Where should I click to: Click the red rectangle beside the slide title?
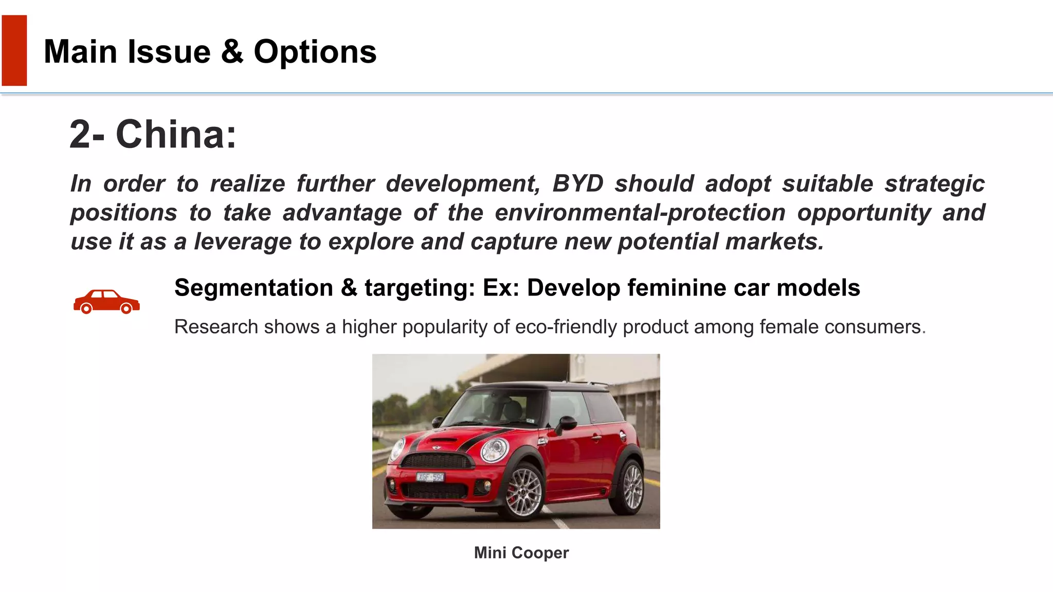[x=14, y=50]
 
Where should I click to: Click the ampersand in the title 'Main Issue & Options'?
[x=232, y=52]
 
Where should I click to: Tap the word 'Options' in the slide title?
[x=315, y=52]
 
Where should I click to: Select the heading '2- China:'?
[x=153, y=134]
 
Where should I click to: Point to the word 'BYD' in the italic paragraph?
[x=577, y=183]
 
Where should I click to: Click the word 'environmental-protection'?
[x=640, y=213]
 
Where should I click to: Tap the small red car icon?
[x=106, y=302]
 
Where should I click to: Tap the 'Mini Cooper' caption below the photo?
[x=521, y=552]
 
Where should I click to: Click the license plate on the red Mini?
[x=430, y=477]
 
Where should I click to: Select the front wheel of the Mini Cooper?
[x=523, y=491]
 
